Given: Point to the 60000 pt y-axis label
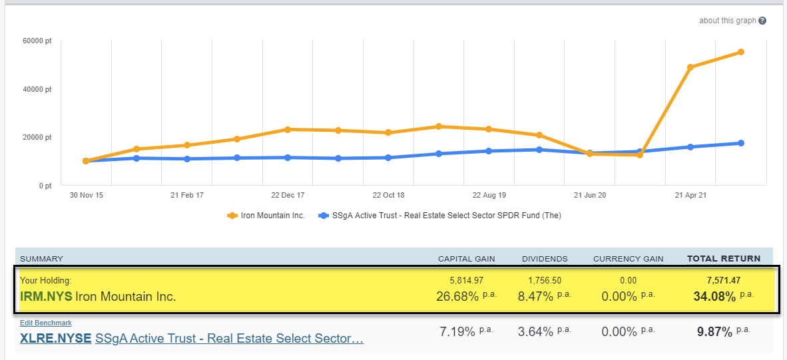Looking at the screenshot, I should coord(37,41).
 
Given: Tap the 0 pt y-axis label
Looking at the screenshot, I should coord(44,186).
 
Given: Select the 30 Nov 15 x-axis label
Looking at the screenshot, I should coord(86,196).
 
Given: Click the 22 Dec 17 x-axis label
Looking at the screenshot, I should coord(288,196).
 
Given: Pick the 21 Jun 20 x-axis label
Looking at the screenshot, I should coord(589,196).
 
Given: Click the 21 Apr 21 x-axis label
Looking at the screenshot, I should coord(690,196).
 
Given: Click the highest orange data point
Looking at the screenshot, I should coord(740,52).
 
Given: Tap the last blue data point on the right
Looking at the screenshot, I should coord(740,143).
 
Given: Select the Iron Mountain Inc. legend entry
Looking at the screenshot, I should coord(266,216).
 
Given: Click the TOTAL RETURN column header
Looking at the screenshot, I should coord(724,258).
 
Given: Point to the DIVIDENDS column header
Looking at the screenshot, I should coord(545,258).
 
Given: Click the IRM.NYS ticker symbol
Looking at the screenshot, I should coord(46,297).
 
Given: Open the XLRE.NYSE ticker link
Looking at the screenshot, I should coord(56,339).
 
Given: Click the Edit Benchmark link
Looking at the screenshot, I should coord(46,323).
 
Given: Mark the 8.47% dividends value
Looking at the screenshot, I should coord(537,296).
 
